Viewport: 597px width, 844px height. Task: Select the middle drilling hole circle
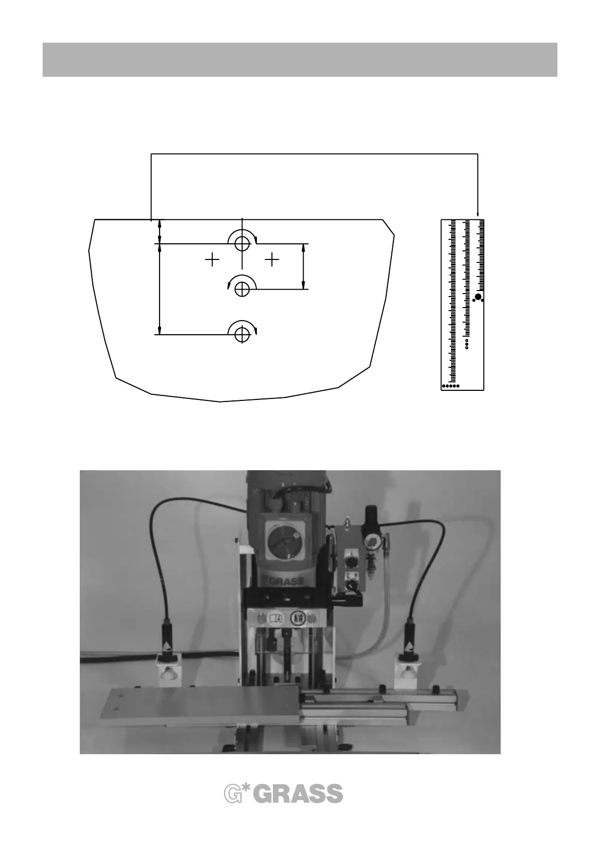coord(242,289)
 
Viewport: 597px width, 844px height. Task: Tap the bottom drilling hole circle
coord(242,333)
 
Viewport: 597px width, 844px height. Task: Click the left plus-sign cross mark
coord(213,260)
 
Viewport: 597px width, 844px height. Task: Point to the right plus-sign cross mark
coord(272,260)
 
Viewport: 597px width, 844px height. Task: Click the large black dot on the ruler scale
coord(478,297)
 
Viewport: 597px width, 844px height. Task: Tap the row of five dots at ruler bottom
coord(451,386)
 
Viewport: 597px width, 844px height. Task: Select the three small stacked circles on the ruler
coord(467,344)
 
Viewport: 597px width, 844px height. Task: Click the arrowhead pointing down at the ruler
coord(478,215)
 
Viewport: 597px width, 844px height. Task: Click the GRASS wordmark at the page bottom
coord(300,794)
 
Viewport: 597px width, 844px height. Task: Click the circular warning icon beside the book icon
coord(298,618)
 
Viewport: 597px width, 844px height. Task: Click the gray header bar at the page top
coord(300,60)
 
